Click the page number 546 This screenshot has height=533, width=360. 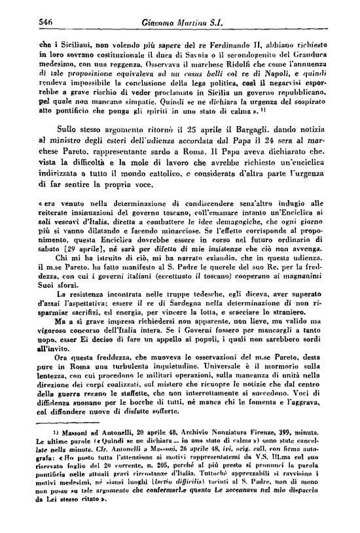(x=28, y=23)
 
